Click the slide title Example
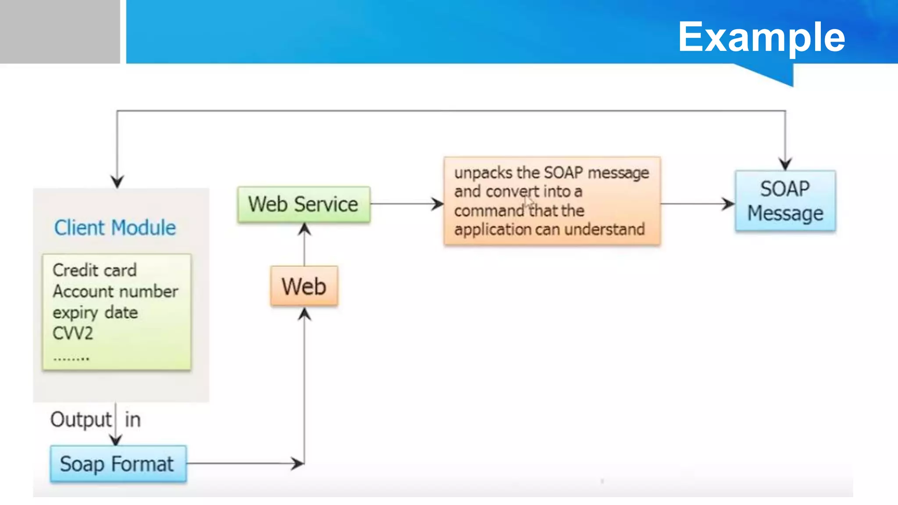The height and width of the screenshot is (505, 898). pos(761,37)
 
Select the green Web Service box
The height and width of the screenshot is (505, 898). pos(303,205)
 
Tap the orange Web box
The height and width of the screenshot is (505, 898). pos(304,286)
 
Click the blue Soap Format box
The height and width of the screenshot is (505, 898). pos(118,464)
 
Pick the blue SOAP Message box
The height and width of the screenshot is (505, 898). pos(785,201)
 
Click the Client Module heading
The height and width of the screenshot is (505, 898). pos(115,228)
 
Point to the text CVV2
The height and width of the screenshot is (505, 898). pos(73,333)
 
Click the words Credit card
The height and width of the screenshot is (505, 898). pos(95,270)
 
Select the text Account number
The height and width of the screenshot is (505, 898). pos(115,291)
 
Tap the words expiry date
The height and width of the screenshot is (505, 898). pos(95,313)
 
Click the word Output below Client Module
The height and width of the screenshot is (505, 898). pos(81,420)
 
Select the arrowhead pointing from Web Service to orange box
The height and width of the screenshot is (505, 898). pos(438,204)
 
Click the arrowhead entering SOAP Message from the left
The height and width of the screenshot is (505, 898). pos(728,204)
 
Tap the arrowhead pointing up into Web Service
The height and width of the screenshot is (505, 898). pos(304,229)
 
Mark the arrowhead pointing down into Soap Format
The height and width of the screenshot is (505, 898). pos(116,440)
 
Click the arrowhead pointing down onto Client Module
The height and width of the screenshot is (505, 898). pos(117,181)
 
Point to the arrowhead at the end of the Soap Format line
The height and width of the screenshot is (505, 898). pos(298,463)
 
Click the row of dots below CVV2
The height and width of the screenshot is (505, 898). pos(71,359)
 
